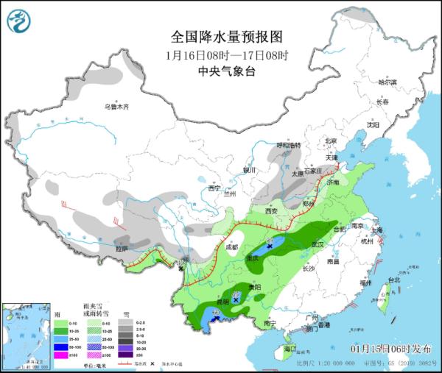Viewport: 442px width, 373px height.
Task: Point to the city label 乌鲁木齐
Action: tap(116, 107)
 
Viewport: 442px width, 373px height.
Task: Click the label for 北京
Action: tap(330, 141)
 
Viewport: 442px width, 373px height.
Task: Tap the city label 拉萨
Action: tap(121, 249)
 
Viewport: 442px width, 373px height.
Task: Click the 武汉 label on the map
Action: tap(318, 243)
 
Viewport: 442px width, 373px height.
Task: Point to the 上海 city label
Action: tap(377, 230)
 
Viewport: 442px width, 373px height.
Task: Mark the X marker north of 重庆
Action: tap(270, 247)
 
